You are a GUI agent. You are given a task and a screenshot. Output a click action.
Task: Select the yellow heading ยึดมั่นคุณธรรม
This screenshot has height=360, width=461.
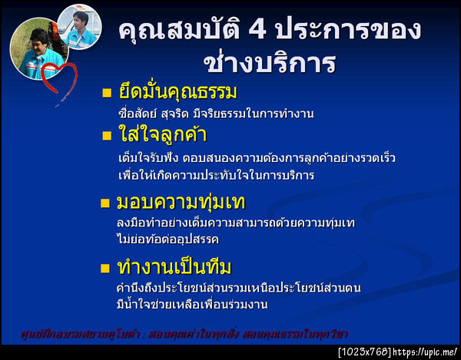click(x=177, y=93)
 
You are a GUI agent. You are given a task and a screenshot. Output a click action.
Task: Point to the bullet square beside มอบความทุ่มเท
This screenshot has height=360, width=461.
click(x=107, y=204)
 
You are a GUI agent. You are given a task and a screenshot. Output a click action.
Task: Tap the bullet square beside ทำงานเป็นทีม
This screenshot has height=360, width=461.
click(x=107, y=269)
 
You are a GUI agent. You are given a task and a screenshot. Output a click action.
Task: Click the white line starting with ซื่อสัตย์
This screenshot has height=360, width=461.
click(x=211, y=114)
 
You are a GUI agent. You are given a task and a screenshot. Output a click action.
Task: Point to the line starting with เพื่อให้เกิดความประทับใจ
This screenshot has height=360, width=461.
click(x=223, y=175)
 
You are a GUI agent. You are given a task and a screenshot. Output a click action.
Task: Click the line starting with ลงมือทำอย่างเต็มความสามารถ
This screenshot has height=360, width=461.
click(x=234, y=223)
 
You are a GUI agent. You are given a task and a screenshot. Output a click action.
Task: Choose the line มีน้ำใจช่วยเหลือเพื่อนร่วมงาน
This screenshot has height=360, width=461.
click(x=191, y=305)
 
